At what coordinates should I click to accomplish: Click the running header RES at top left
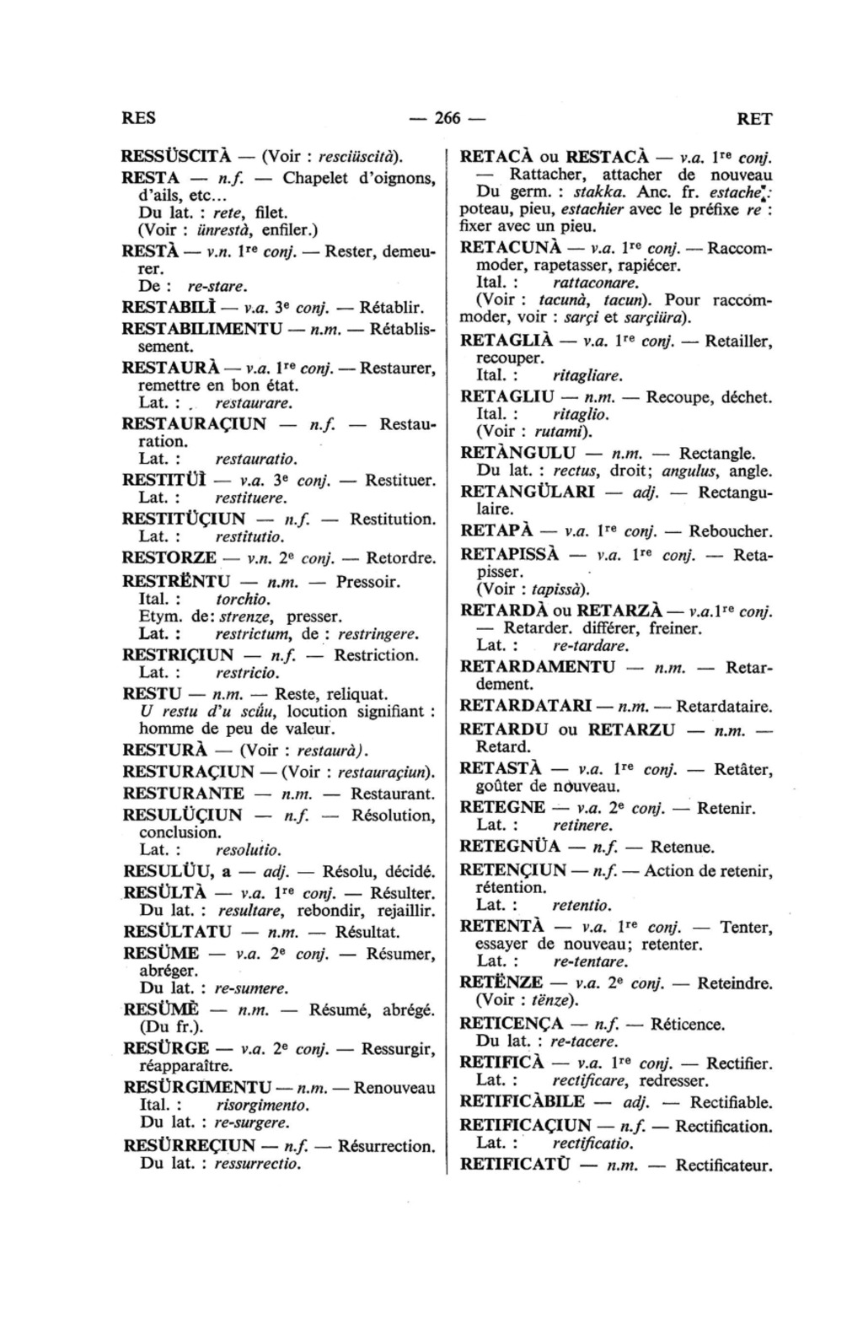point(139,118)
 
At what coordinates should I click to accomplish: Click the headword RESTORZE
point(169,557)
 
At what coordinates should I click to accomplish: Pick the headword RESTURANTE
point(184,794)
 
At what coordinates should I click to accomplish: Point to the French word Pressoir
point(367,581)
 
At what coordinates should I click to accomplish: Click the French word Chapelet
point(316,178)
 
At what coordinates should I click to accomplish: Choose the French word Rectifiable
point(731,1102)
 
